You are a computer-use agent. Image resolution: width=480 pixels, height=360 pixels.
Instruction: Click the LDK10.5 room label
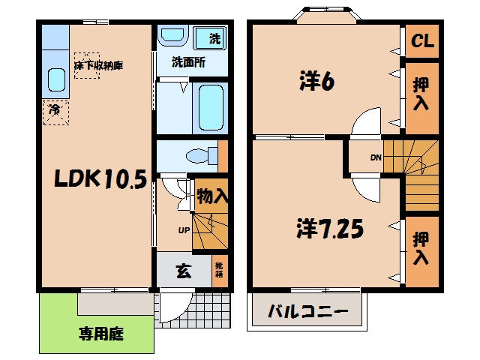100,178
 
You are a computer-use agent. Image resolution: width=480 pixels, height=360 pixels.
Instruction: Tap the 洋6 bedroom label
317,81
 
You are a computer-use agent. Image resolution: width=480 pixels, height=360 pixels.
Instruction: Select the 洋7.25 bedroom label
330,229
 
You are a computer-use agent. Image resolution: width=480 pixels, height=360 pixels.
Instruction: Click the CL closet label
422,40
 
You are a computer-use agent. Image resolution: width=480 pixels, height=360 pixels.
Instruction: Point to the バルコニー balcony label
308,311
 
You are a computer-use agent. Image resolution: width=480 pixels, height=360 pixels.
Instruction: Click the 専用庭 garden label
101,334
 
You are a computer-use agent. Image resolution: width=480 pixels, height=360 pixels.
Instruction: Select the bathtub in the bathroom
211,108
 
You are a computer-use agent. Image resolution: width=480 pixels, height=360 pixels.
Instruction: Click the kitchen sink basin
57,79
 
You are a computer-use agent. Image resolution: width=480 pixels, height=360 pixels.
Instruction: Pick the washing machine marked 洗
210,38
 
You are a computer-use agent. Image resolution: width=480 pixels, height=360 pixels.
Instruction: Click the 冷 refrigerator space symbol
55,112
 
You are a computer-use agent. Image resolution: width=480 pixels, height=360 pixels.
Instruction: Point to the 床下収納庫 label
98,65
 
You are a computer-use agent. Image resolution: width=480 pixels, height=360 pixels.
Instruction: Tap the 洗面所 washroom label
188,62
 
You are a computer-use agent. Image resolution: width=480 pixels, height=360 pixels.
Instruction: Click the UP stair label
184,230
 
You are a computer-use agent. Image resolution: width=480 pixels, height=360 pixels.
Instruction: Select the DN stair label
376,157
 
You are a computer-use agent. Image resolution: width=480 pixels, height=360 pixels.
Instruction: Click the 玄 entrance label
184,271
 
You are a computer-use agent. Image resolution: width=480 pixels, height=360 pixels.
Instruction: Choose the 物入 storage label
212,196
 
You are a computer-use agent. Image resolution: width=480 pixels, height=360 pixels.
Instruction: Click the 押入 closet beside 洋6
421,94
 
